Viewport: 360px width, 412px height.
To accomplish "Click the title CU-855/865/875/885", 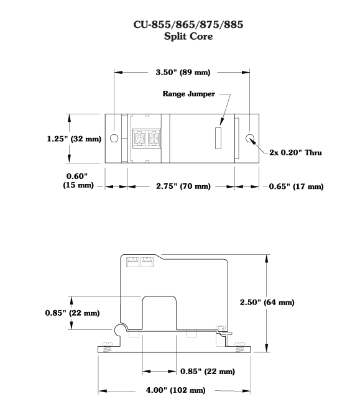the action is click(x=188, y=24).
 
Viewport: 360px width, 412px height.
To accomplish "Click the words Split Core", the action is click(x=188, y=36).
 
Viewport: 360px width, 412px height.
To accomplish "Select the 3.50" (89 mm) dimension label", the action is click(x=183, y=72).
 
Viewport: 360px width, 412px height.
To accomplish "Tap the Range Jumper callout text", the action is click(x=188, y=94).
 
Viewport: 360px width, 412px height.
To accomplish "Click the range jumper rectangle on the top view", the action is click(x=218, y=138).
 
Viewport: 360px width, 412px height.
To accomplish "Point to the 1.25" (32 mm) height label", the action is click(x=74, y=139).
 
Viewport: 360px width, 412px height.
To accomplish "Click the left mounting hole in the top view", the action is click(x=114, y=138).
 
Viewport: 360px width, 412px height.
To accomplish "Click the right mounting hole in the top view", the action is click(x=250, y=138).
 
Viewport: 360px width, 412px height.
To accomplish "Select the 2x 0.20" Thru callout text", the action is click(x=295, y=153).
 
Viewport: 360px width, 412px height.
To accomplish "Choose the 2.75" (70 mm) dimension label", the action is click(x=183, y=186).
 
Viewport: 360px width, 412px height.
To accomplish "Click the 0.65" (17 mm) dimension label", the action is click(x=296, y=186).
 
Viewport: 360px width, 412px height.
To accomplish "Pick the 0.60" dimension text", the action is click(x=76, y=176).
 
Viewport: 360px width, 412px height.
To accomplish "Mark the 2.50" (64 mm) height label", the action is click(x=267, y=303).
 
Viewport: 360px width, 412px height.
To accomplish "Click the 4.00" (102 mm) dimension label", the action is click(x=176, y=390).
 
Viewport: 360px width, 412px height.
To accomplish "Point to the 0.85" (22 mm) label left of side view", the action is click(x=72, y=313).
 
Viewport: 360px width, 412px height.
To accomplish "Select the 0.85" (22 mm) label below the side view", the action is click(x=208, y=372).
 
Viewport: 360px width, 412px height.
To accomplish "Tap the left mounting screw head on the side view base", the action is click(x=108, y=344).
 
